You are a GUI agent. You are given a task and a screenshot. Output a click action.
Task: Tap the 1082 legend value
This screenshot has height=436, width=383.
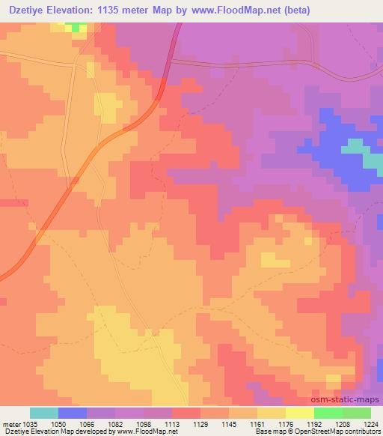click(102, 423)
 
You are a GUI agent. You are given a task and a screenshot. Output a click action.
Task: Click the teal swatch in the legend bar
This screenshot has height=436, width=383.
click(44, 413)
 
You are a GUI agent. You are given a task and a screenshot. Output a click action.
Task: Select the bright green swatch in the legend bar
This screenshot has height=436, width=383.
click(328, 413)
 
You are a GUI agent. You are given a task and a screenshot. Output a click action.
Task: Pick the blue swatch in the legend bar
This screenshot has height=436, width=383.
click(73, 413)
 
